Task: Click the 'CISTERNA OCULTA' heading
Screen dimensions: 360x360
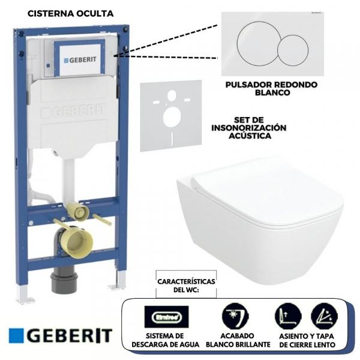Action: point(70,12)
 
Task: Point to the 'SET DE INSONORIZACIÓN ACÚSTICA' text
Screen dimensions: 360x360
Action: point(249,128)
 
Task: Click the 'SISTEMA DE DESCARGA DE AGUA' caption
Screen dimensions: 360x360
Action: point(165,340)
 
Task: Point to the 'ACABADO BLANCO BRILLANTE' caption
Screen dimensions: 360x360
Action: point(233,340)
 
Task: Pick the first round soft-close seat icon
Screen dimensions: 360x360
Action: point(288,315)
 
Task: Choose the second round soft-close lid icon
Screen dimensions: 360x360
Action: point(323,315)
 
